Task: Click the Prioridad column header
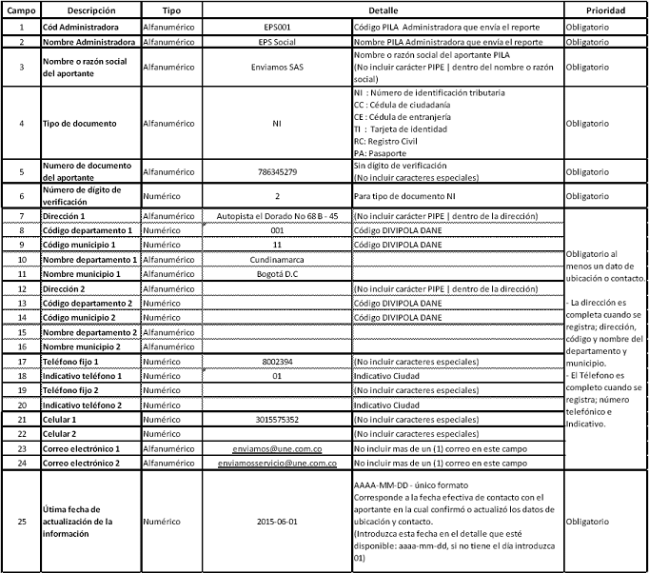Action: [606, 10]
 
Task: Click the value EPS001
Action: [277, 27]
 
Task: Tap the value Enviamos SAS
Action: [277, 69]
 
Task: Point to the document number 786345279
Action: [277, 171]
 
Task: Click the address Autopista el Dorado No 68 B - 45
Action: [277, 216]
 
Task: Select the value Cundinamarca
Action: [277, 259]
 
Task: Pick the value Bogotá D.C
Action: [277, 273]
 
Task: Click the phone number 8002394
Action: [277, 362]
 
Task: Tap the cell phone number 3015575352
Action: [277, 420]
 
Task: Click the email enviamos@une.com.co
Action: [277, 448]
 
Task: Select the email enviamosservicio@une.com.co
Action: [277, 464]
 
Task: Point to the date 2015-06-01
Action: [277, 522]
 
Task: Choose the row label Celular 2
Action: [64, 434]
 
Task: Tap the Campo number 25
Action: [20, 522]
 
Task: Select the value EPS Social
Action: [277, 42]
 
